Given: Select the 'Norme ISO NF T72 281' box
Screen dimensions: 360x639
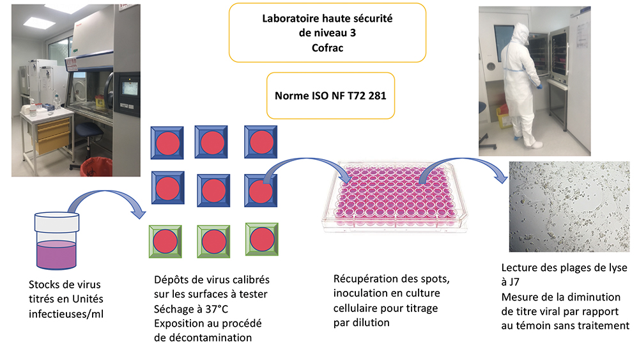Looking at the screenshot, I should [330, 95].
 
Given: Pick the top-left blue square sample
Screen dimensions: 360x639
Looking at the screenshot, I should [167, 142].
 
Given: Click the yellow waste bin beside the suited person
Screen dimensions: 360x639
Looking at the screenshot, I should [505, 118].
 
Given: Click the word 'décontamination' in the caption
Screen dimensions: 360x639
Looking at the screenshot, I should [210, 337].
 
